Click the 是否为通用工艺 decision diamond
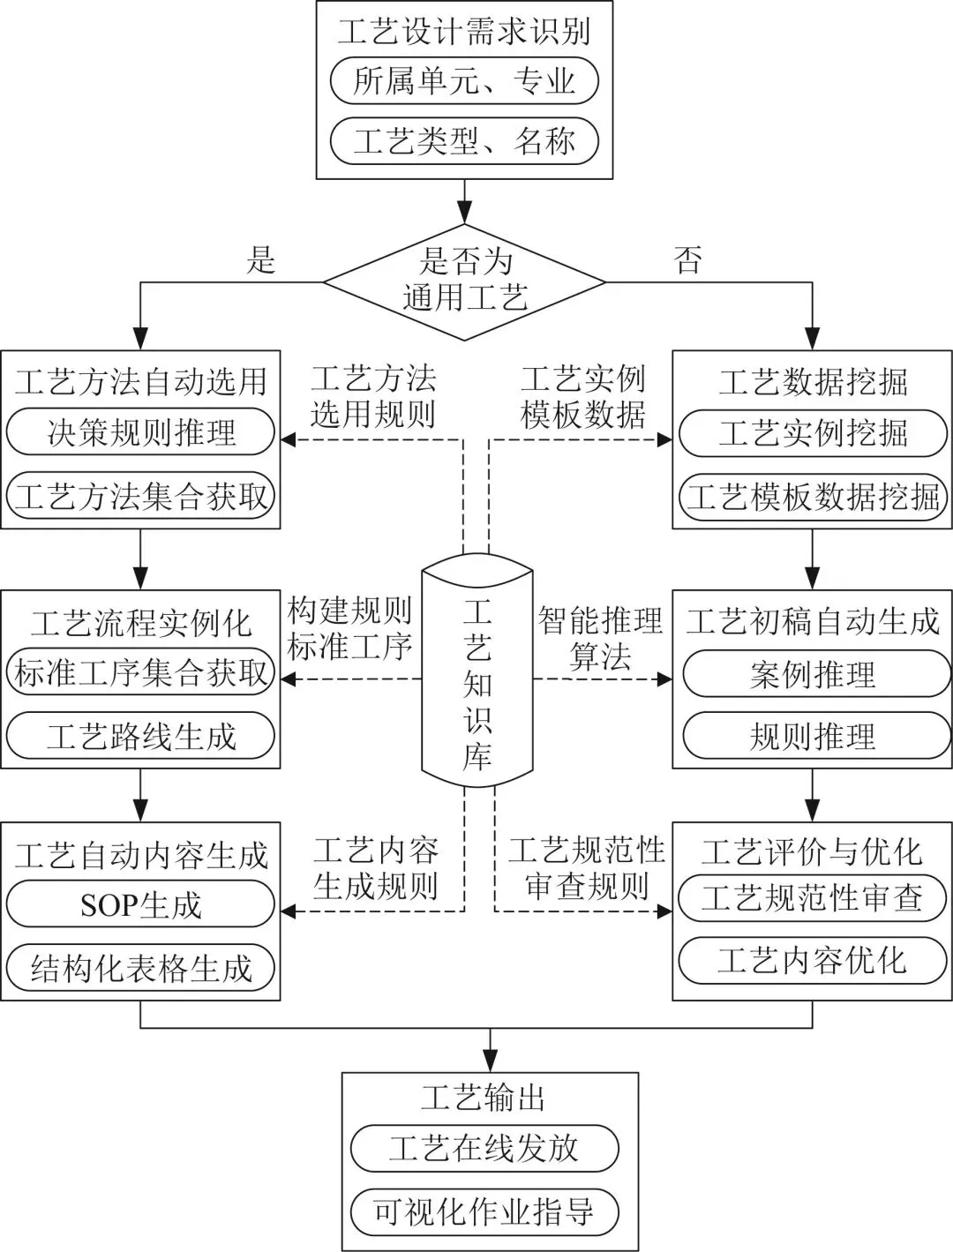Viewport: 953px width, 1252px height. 464,281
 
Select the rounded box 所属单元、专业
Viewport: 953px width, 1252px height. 464,82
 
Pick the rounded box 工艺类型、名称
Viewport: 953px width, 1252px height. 464,141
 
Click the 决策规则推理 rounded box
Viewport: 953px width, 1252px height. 141,432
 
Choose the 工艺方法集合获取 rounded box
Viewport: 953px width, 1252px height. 141,496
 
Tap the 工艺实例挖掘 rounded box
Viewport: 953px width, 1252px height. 812,432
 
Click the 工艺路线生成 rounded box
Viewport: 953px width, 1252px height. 141,736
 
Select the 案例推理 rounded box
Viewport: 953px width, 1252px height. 812,675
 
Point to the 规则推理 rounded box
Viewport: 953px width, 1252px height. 812,736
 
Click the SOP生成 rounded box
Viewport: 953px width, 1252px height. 141,904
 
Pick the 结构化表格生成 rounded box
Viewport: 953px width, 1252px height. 141,968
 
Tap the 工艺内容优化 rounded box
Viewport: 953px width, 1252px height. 812,960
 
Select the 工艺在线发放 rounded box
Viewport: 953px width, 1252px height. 484,1148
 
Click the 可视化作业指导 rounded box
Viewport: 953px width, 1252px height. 484,1211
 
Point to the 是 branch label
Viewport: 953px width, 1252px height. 261,260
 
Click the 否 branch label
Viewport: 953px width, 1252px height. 688,260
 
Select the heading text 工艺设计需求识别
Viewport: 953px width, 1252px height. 464,32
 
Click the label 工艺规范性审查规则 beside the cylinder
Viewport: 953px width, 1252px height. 586,869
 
